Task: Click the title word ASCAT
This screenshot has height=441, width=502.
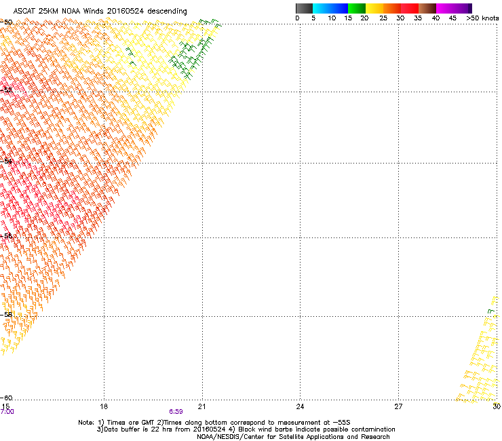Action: (x=25, y=12)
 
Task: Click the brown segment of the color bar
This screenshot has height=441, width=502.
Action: (x=427, y=8)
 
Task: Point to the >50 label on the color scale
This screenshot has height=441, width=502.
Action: (x=473, y=18)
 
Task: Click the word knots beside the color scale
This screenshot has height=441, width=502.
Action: (x=490, y=18)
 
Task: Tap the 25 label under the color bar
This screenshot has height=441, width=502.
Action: (x=383, y=18)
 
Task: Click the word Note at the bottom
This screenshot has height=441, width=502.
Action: (x=86, y=422)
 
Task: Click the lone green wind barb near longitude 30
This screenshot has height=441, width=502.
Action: (x=491, y=311)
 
